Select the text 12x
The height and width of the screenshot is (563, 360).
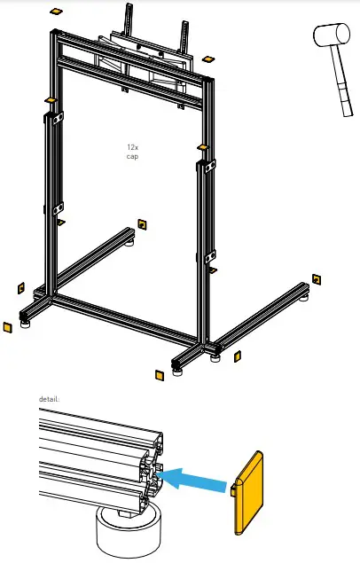click(x=132, y=147)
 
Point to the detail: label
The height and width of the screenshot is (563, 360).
click(x=49, y=399)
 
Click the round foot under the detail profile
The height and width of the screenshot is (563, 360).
click(x=131, y=533)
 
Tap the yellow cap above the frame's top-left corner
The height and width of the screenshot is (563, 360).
click(x=55, y=12)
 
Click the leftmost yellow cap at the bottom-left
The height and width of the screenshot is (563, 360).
click(x=6, y=326)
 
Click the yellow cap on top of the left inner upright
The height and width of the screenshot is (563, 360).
click(x=50, y=98)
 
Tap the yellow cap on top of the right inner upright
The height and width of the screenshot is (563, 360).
click(x=202, y=147)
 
